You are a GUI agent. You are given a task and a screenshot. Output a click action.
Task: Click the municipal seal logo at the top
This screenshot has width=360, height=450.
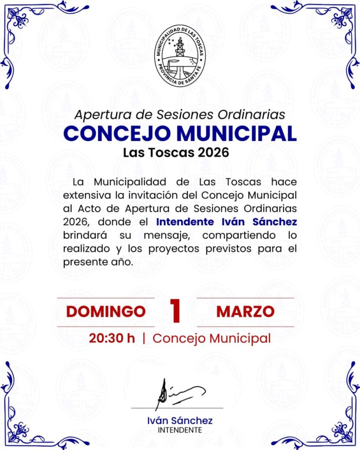tap(180, 55)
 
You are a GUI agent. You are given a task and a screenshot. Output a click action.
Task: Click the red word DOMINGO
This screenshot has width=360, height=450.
tap(105, 312)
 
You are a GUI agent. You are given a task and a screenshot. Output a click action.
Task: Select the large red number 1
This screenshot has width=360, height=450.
tap(175, 312)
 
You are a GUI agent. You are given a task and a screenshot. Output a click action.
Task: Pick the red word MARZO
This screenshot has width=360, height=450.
tap(245, 312)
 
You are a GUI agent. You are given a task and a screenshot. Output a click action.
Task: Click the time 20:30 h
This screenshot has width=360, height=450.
tap(112, 338)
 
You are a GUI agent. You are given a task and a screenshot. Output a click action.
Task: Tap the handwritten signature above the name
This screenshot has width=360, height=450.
tap(178, 392)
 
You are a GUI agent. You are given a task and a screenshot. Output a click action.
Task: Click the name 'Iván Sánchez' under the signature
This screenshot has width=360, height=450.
tap(180, 421)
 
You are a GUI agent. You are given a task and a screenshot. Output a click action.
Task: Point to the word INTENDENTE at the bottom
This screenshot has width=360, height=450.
tap(180, 430)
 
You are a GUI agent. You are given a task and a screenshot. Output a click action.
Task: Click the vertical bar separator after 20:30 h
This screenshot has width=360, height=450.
tap(144, 338)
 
